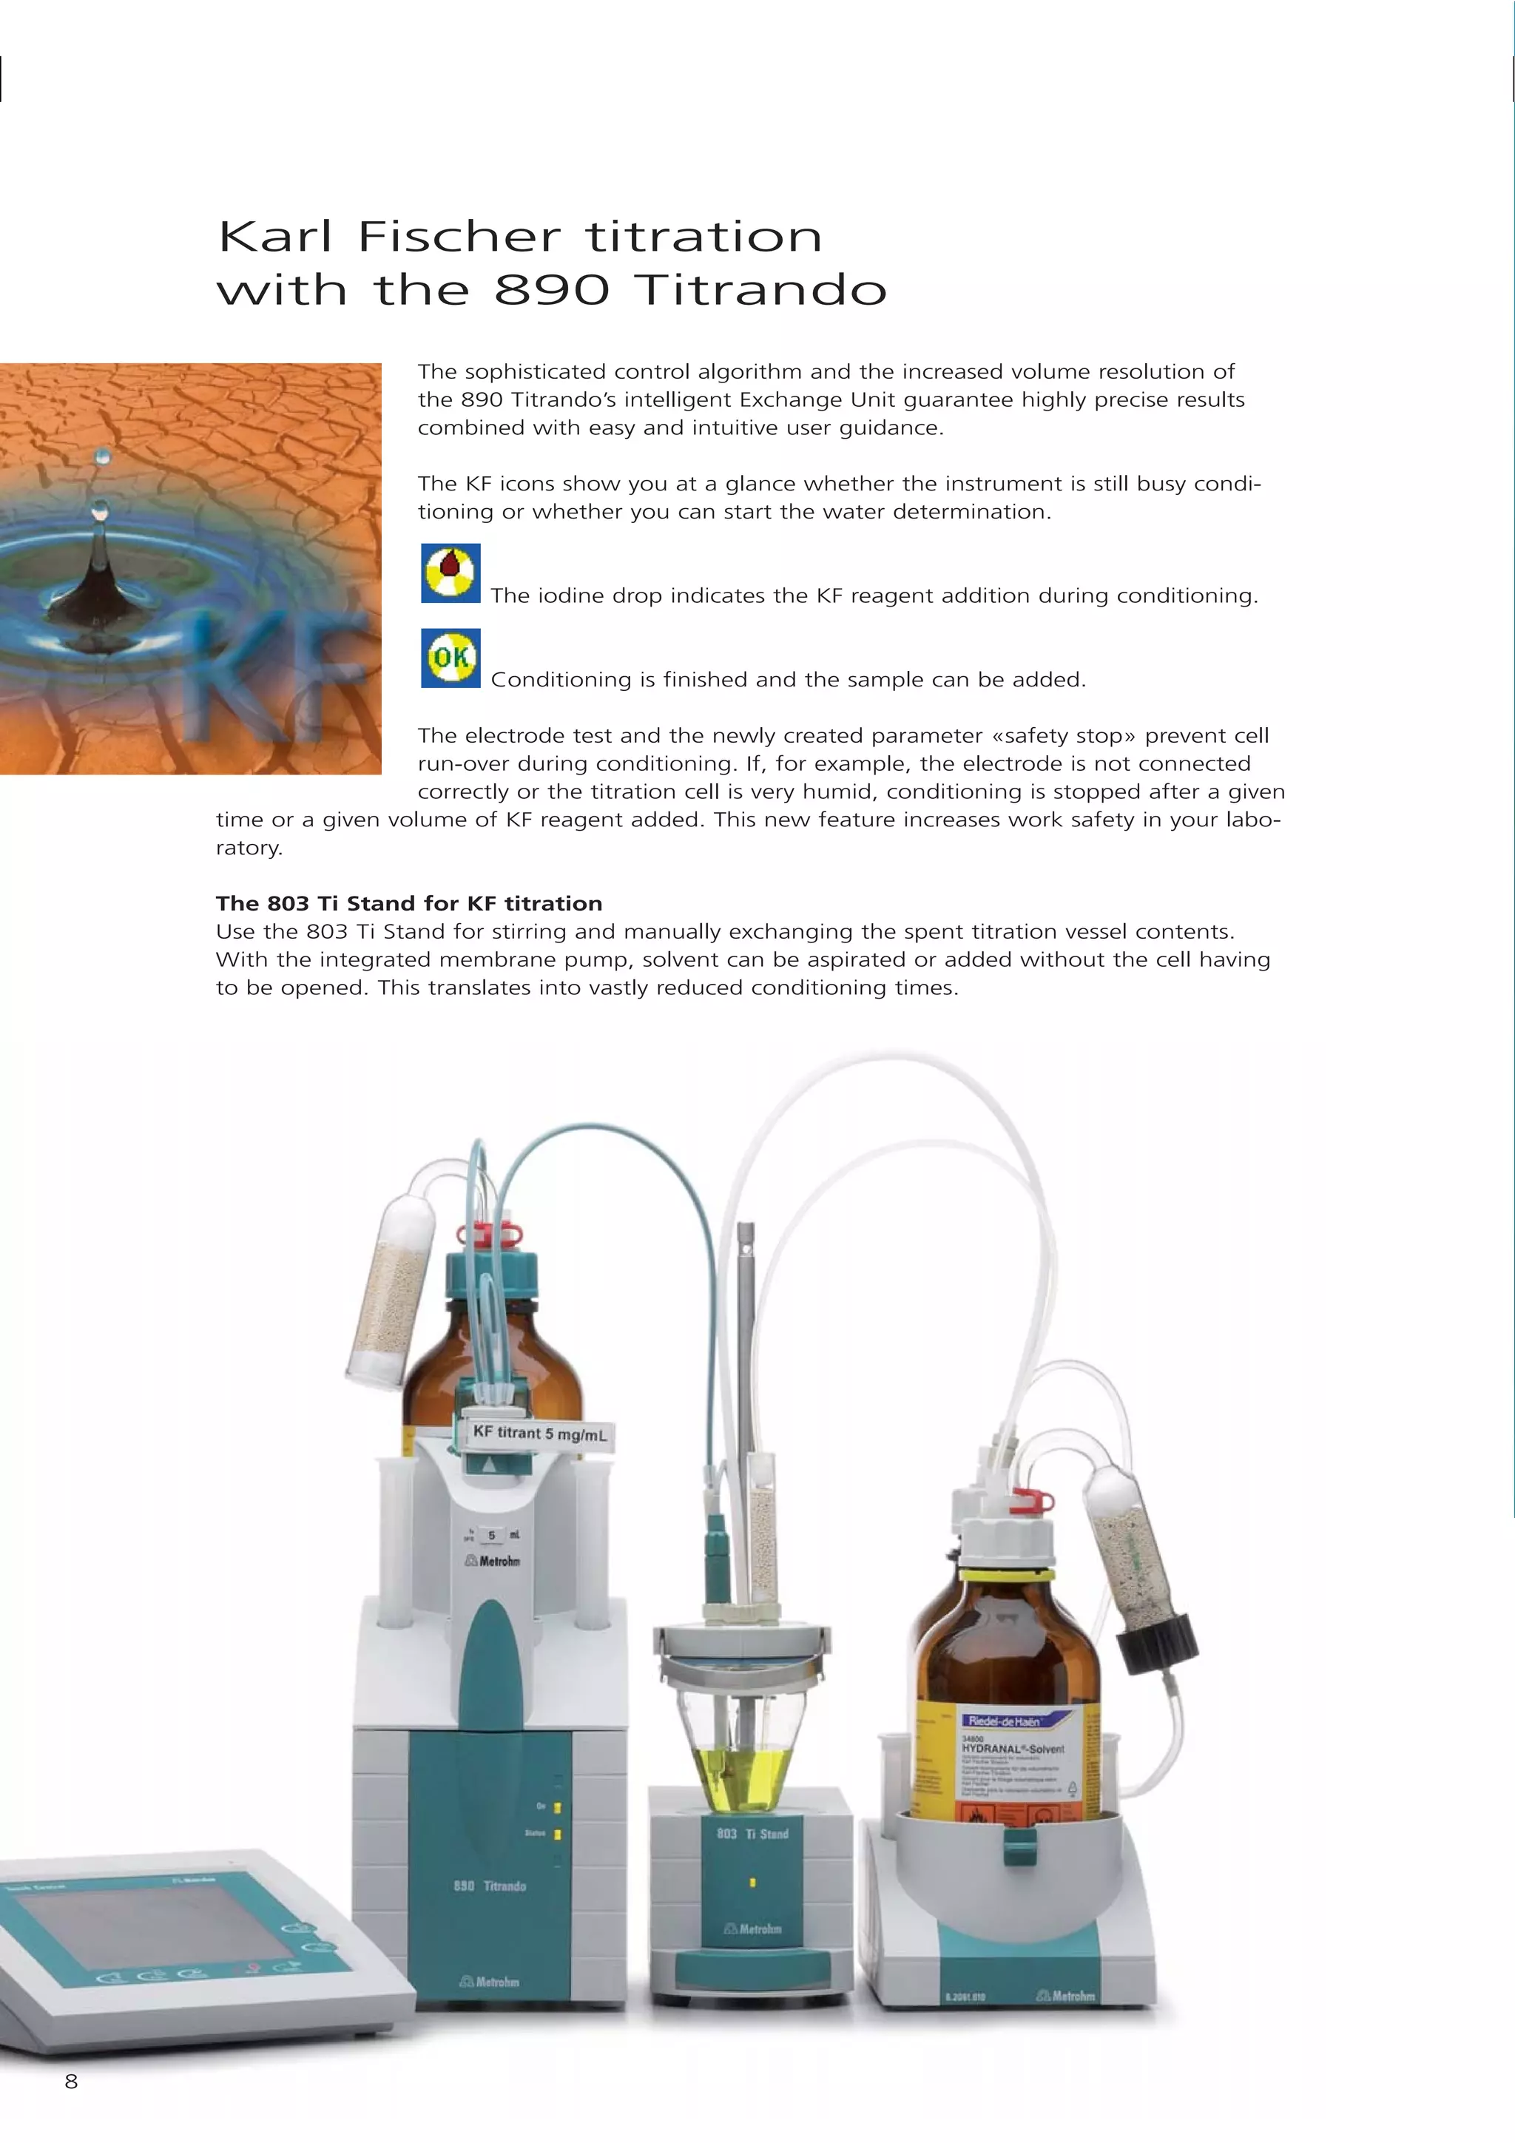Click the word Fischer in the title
(x=459, y=236)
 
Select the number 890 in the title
(x=550, y=289)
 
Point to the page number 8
(x=71, y=2080)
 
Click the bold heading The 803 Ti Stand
(x=408, y=902)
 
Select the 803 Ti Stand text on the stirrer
(x=752, y=1834)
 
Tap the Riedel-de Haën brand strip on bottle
(x=1002, y=1720)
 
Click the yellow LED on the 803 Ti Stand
(x=752, y=1883)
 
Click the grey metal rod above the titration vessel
(x=745, y=1326)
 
